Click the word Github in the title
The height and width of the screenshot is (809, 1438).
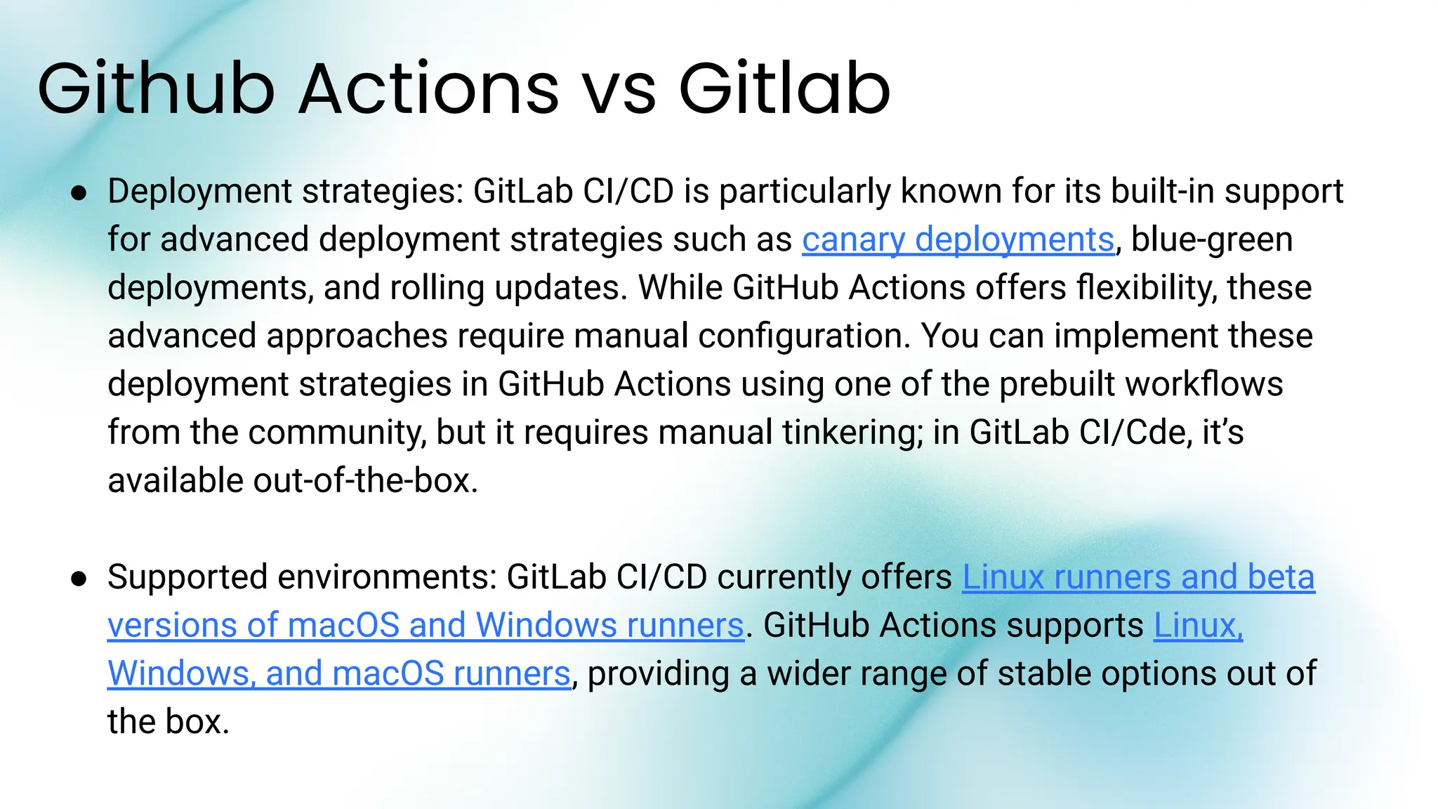[x=156, y=89]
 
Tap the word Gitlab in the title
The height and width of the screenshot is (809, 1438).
[x=784, y=89]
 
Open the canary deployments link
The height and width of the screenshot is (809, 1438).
[x=958, y=239]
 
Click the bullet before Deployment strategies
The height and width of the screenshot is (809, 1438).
[x=79, y=193]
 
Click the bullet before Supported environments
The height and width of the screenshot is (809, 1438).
[x=79, y=579]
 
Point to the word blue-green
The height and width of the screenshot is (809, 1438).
[x=1212, y=239]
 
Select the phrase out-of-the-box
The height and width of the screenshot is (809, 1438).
[x=365, y=481]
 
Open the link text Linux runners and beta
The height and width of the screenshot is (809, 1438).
[x=1137, y=577]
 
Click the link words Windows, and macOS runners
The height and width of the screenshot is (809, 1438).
[x=338, y=673]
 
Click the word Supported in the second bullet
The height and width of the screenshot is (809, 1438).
[x=187, y=577]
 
